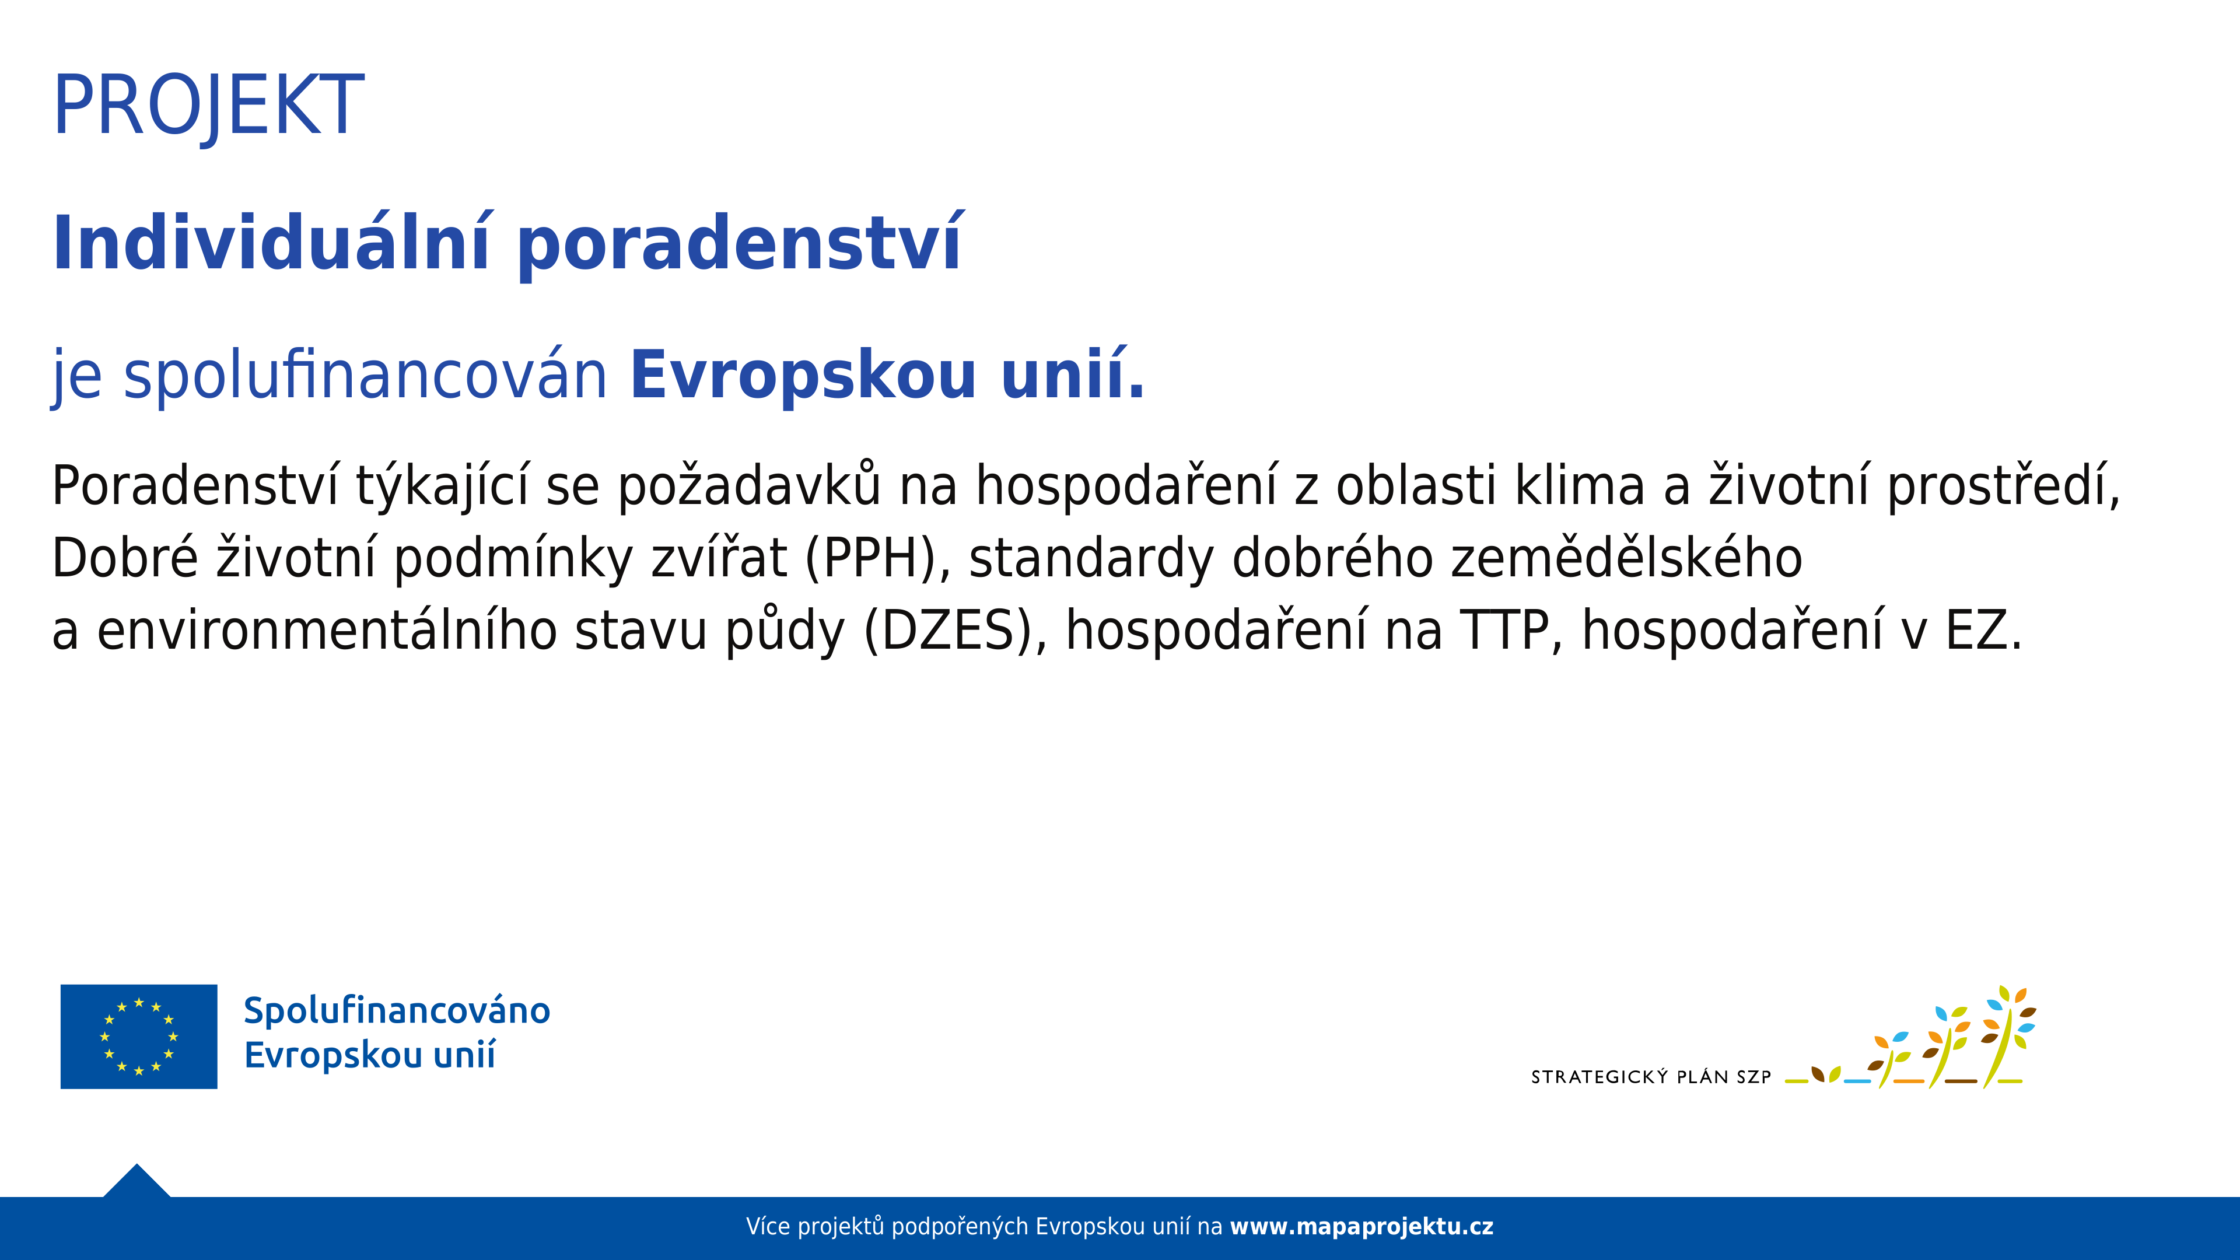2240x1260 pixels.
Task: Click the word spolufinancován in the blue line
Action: click(x=365, y=376)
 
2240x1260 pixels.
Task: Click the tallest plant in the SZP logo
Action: click(x=2008, y=1037)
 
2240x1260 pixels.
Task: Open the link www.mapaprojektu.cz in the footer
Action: click(x=1361, y=1227)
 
